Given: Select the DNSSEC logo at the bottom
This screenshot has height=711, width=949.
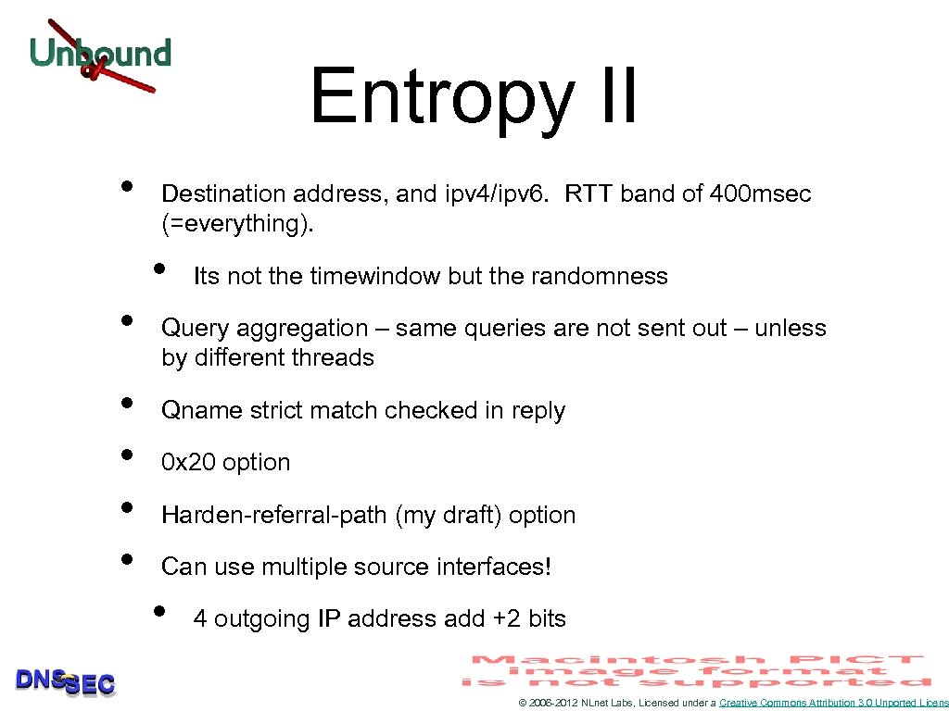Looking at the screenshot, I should (x=65, y=682).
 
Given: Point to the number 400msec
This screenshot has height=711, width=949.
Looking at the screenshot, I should (x=760, y=193).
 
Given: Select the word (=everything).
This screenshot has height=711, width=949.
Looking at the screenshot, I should (x=237, y=224).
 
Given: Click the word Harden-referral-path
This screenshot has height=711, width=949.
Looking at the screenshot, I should (x=274, y=515).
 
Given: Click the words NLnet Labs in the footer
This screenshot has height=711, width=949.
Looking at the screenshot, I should (x=607, y=704).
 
